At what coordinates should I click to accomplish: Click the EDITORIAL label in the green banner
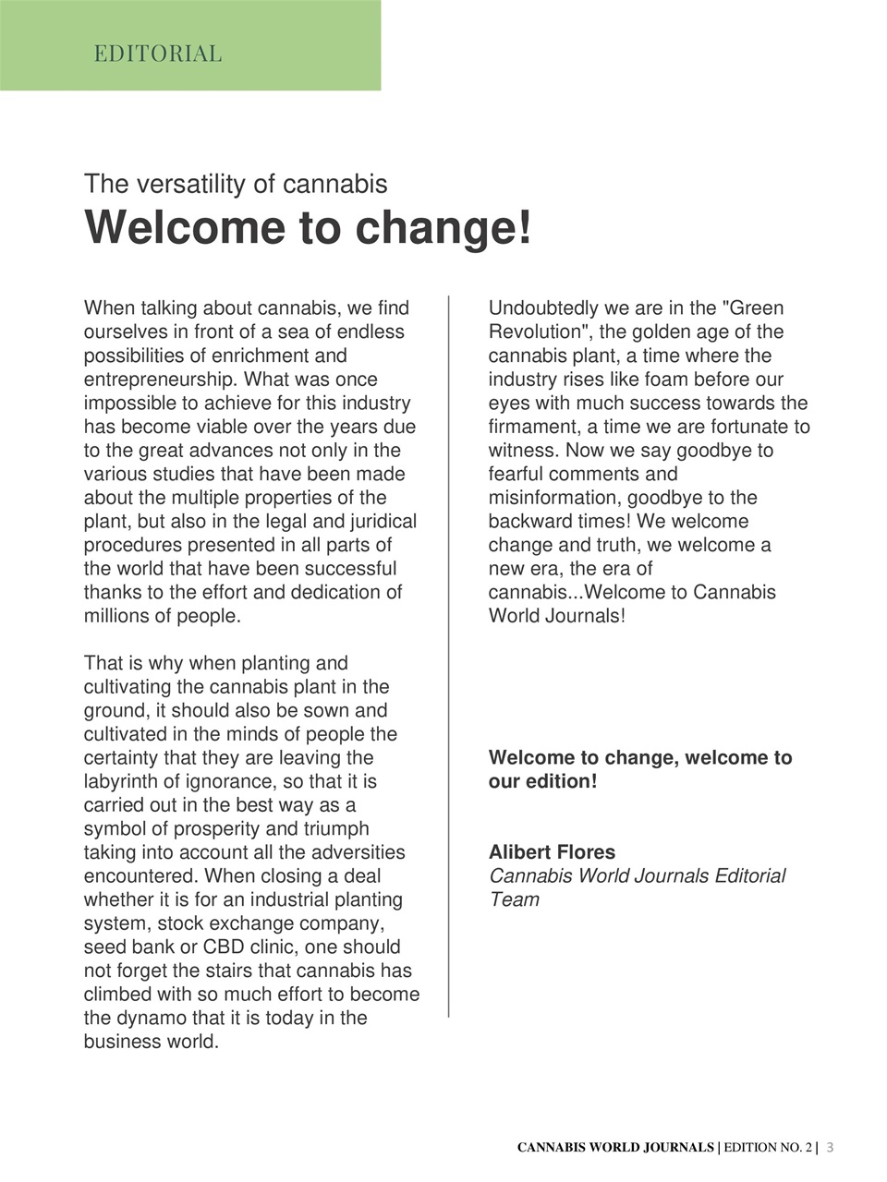pyautogui.click(x=158, y=54)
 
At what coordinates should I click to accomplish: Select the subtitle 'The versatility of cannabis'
pyautogui.click(x=236, y=184)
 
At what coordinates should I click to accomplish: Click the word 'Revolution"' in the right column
pyautogui.click(x=539, y=332)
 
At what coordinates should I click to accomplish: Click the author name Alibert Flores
pyautogui.click(x=552, y=852)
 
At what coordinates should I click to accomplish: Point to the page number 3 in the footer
pyautogui.click(x=830, y=1148)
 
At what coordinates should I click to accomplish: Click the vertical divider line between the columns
pyautogui.click(x=449, y=656)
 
